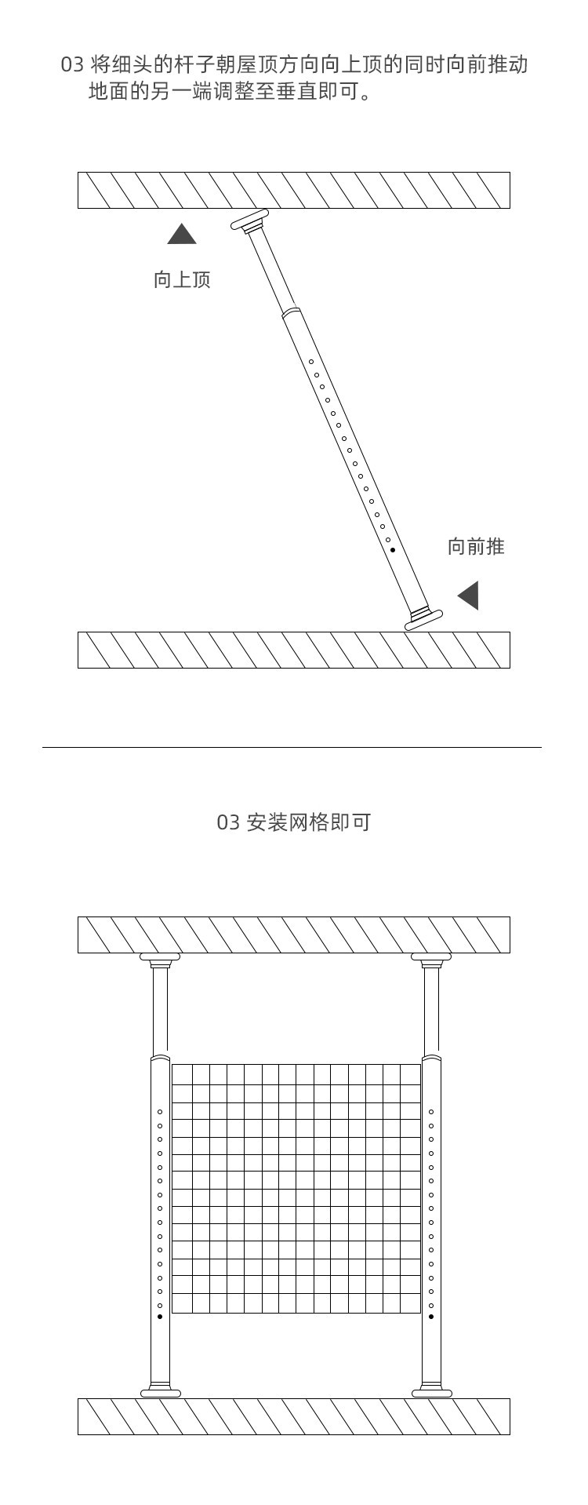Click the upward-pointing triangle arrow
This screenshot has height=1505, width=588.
tap(182, 235)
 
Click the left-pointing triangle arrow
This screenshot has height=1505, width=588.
tap(470, 596)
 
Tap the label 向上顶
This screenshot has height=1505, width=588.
tap(182, 280)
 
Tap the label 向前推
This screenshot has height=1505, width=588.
tap(476, 547)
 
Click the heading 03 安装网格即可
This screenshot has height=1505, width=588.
tap(293, 822)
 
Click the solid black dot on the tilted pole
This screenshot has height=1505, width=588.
tap(393, 550)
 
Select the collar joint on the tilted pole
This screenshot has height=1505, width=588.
tap(291, 312)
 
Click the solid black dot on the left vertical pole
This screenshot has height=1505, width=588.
tap(160, 1316)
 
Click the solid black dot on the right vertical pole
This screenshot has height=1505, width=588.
tap(431, 1316)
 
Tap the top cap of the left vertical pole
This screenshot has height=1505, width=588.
tap(160, 957)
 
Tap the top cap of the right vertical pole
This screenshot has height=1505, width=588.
tap(431, 957)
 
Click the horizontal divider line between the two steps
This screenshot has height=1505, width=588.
tap(292, 748)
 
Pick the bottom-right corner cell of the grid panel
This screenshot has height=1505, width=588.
tap(412, 1303)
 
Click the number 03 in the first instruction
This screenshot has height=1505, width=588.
tap(72, 65)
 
